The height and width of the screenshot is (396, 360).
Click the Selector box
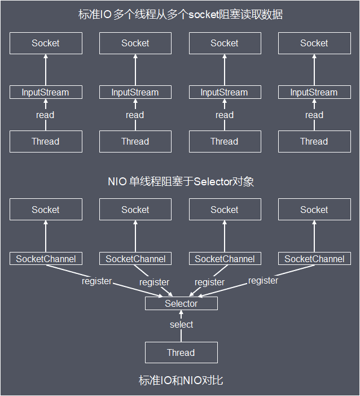click(181, 303)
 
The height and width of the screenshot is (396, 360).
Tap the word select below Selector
click(181, 325)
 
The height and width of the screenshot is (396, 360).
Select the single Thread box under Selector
click(181, 353)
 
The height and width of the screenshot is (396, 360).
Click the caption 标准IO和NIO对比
click(181, 380)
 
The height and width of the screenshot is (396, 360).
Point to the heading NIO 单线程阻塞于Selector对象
click(181, 181)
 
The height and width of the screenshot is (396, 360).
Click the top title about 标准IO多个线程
click(181, 15)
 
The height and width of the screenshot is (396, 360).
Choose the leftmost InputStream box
click(46, 92)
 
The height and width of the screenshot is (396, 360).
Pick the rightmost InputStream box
click(314, 92)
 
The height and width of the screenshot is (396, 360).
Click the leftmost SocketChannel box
click(46, 259)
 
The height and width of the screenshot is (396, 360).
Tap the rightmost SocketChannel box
click(314, 259)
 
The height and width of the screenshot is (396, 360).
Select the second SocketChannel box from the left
click(135, 259)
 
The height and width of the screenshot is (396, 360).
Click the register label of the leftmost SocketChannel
click(96, 281)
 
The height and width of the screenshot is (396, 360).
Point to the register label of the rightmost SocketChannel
click(263, 280)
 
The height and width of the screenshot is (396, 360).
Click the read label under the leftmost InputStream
click(45, 115)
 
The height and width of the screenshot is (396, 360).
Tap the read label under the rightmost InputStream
click(314, 115)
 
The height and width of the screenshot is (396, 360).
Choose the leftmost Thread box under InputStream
click(46, 141)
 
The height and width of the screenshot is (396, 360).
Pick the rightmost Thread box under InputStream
click(314, 141)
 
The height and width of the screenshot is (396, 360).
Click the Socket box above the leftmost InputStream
click(46, 43)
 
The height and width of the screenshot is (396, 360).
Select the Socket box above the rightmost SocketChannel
click(314, 210)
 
